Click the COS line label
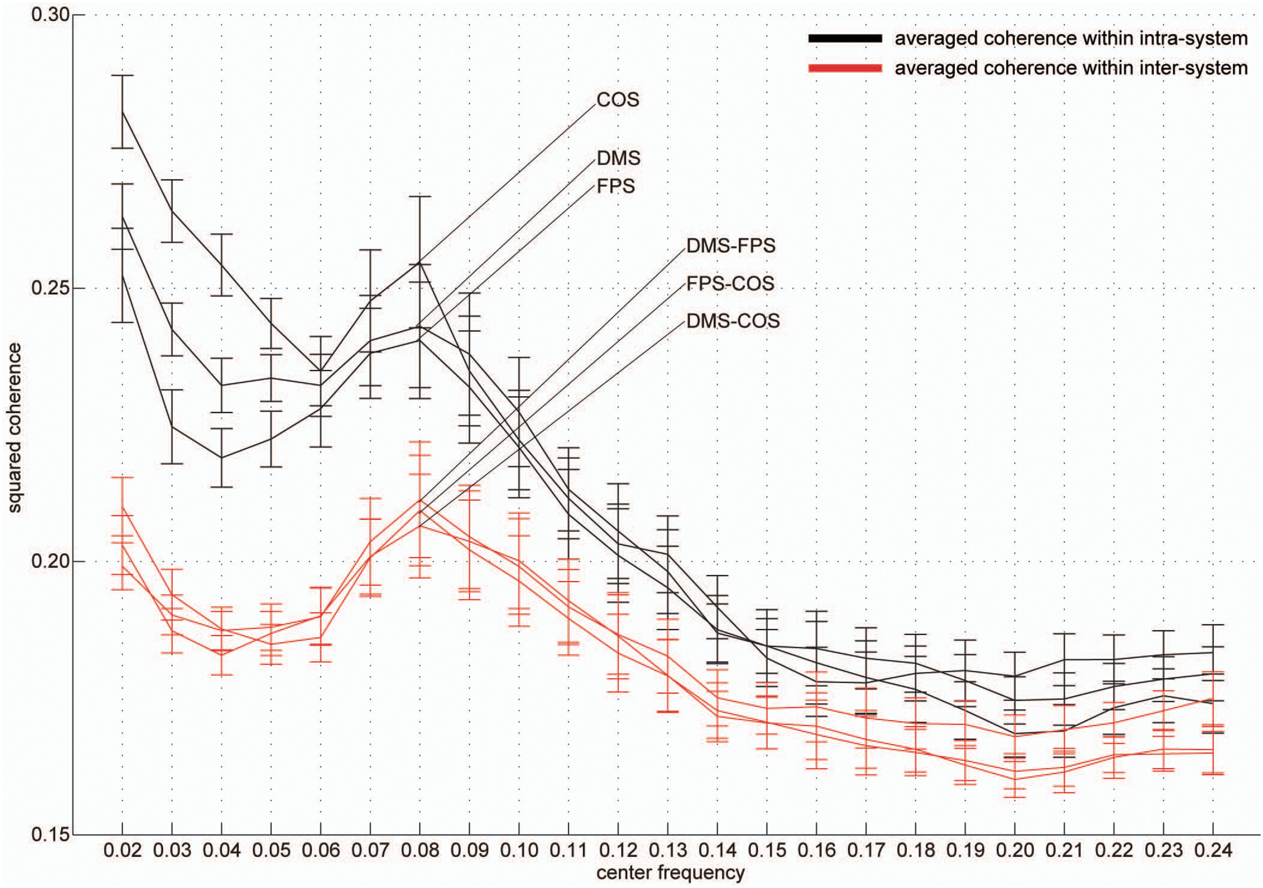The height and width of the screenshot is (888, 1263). [x=618, y=100]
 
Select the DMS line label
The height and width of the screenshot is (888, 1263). [x=618, y=159]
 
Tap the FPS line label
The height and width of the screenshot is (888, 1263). [x=615, y=186]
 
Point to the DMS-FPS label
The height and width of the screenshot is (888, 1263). [x=731, y=246]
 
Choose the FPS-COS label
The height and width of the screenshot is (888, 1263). [x=730, y=284]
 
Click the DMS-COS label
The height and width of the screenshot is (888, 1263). [x=733, y=321]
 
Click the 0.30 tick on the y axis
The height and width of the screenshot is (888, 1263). [x=50, y=15]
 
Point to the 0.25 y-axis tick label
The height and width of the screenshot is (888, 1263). [x=50, y=288]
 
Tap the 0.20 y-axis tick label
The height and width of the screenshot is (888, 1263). [x=50, y=561]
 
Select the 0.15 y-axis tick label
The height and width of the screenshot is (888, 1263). [x=50, y=834]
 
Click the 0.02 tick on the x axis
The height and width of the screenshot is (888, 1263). [x=122, y=851]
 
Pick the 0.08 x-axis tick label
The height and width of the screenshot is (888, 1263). [x=420, y=851]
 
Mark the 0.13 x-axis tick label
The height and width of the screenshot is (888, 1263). [x=668, y=851]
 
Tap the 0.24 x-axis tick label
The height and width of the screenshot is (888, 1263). [x=1213, y=851]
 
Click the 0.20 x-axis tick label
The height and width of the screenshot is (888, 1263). [x=1015, y=851]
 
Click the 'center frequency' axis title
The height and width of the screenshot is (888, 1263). [x=670, y=873]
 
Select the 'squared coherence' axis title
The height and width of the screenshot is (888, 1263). [x=15, y=428]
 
